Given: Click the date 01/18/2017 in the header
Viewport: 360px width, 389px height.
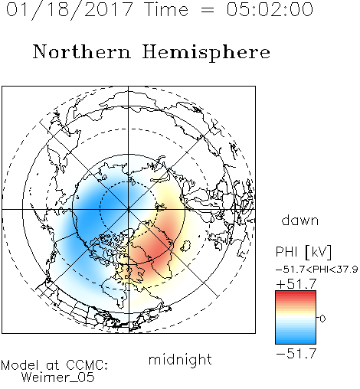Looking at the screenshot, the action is pos(70,10).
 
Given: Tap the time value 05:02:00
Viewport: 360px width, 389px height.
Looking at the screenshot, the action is pos(270,9).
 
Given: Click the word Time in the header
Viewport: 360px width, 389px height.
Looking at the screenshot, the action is pos(166,9).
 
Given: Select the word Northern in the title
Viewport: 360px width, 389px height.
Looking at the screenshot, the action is pos(82,51).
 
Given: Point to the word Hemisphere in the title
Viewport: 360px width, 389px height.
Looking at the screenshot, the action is pos(206,53).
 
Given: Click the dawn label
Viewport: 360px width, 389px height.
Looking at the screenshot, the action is pos(300,221).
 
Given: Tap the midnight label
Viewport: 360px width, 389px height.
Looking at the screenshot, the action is pos(180,359).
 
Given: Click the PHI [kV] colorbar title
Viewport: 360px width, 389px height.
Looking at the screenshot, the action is pos(303,252).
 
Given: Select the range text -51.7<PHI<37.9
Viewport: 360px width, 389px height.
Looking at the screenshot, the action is pos(317,270).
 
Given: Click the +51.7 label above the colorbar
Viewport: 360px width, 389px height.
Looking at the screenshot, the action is pos(296,284).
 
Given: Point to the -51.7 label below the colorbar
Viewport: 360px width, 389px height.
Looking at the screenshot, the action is pos(296,354).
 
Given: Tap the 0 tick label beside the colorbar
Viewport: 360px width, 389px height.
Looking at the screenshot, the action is pos(322,319).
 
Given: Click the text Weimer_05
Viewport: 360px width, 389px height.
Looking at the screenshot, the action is pos(58,378).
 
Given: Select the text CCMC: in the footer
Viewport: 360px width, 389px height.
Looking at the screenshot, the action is pos(87,365).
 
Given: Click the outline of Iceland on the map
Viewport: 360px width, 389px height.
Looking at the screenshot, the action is pos(186,246).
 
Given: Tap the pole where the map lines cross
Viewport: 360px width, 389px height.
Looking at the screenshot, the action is pos(129,209).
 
